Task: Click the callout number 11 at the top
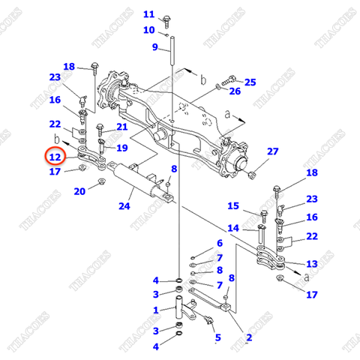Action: [148, 14]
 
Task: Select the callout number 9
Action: [155, 47]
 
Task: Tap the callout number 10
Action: [148, 30]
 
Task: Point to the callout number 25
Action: [250, 82]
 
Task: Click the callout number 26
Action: [235, 91]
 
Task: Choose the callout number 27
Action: [272, 151]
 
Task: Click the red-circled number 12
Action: [54, 157]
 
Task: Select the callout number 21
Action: [121, 127]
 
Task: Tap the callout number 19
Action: [121, 148]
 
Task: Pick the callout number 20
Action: [79, 191]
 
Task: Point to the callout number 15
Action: [233, 206]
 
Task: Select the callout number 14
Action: [233, 228]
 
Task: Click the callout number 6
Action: [219, 243]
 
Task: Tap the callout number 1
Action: [155, 310]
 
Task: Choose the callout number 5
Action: [217, 337]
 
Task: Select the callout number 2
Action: [249, 337]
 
